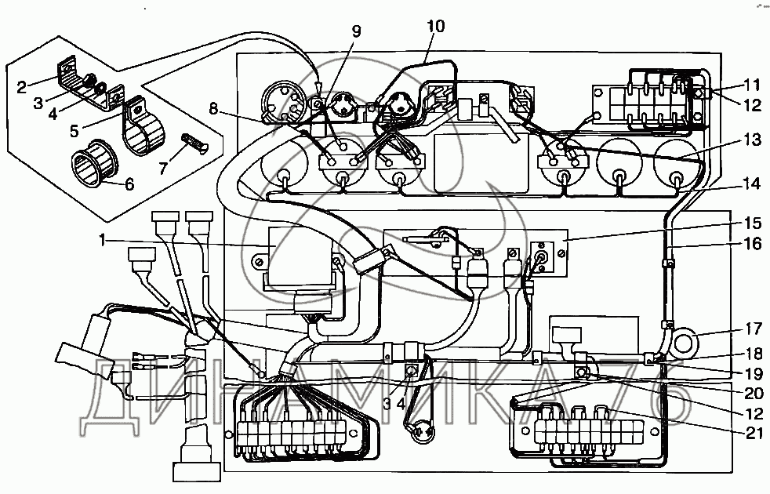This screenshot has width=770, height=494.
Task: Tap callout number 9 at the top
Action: [357, 31]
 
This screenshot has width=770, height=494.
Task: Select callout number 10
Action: [434, 26]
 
